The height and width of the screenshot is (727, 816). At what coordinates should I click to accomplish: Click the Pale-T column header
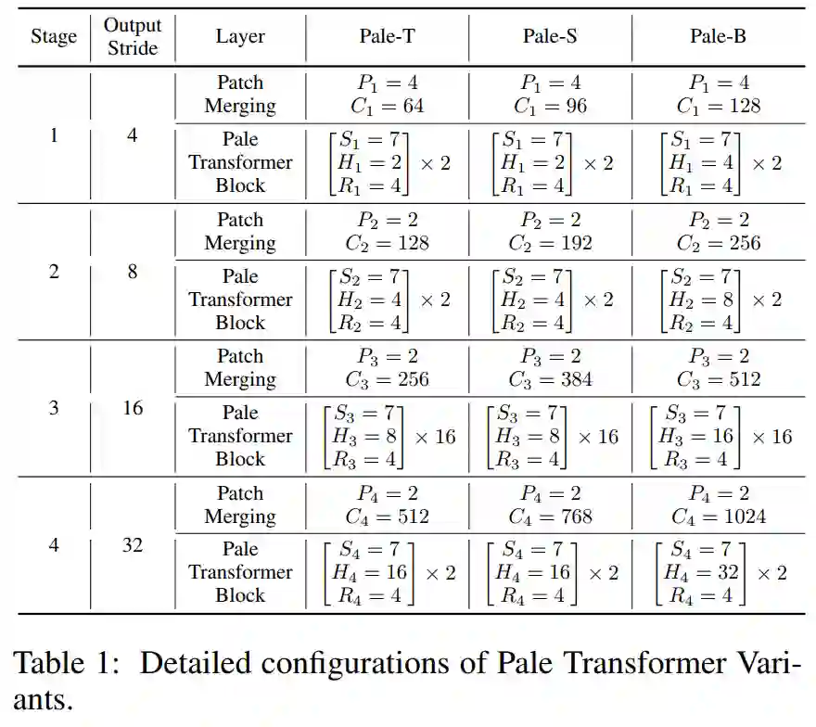[388, 37]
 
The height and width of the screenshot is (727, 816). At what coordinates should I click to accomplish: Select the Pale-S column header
[551, 37]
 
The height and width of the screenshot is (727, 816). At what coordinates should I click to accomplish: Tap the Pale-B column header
[718, 37]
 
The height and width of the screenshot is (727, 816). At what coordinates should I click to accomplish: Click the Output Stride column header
[133, 37]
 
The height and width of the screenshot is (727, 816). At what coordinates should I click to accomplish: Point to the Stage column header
[54, 37]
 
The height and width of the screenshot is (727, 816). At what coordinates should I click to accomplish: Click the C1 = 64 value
[388, 106]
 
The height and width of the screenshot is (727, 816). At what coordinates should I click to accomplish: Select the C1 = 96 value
[551, 106]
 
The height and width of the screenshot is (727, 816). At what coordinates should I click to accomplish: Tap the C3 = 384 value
[551, 379]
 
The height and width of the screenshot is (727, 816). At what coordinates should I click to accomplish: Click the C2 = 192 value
[551, 243]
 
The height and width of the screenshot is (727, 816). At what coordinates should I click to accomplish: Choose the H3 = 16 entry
[695, 436]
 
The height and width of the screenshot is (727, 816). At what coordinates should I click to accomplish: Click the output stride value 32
[133, 545]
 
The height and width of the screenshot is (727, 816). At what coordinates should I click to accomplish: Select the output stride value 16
[133, 408]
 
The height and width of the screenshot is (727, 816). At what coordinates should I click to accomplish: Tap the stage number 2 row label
[53, 272]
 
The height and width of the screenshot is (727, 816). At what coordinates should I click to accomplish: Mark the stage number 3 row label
[53, 408]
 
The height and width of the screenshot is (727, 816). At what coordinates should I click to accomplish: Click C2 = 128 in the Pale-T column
[388, 243]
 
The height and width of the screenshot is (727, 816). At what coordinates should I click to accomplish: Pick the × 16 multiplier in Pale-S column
[598, 436]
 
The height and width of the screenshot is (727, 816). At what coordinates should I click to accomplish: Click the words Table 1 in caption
[66, 664]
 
